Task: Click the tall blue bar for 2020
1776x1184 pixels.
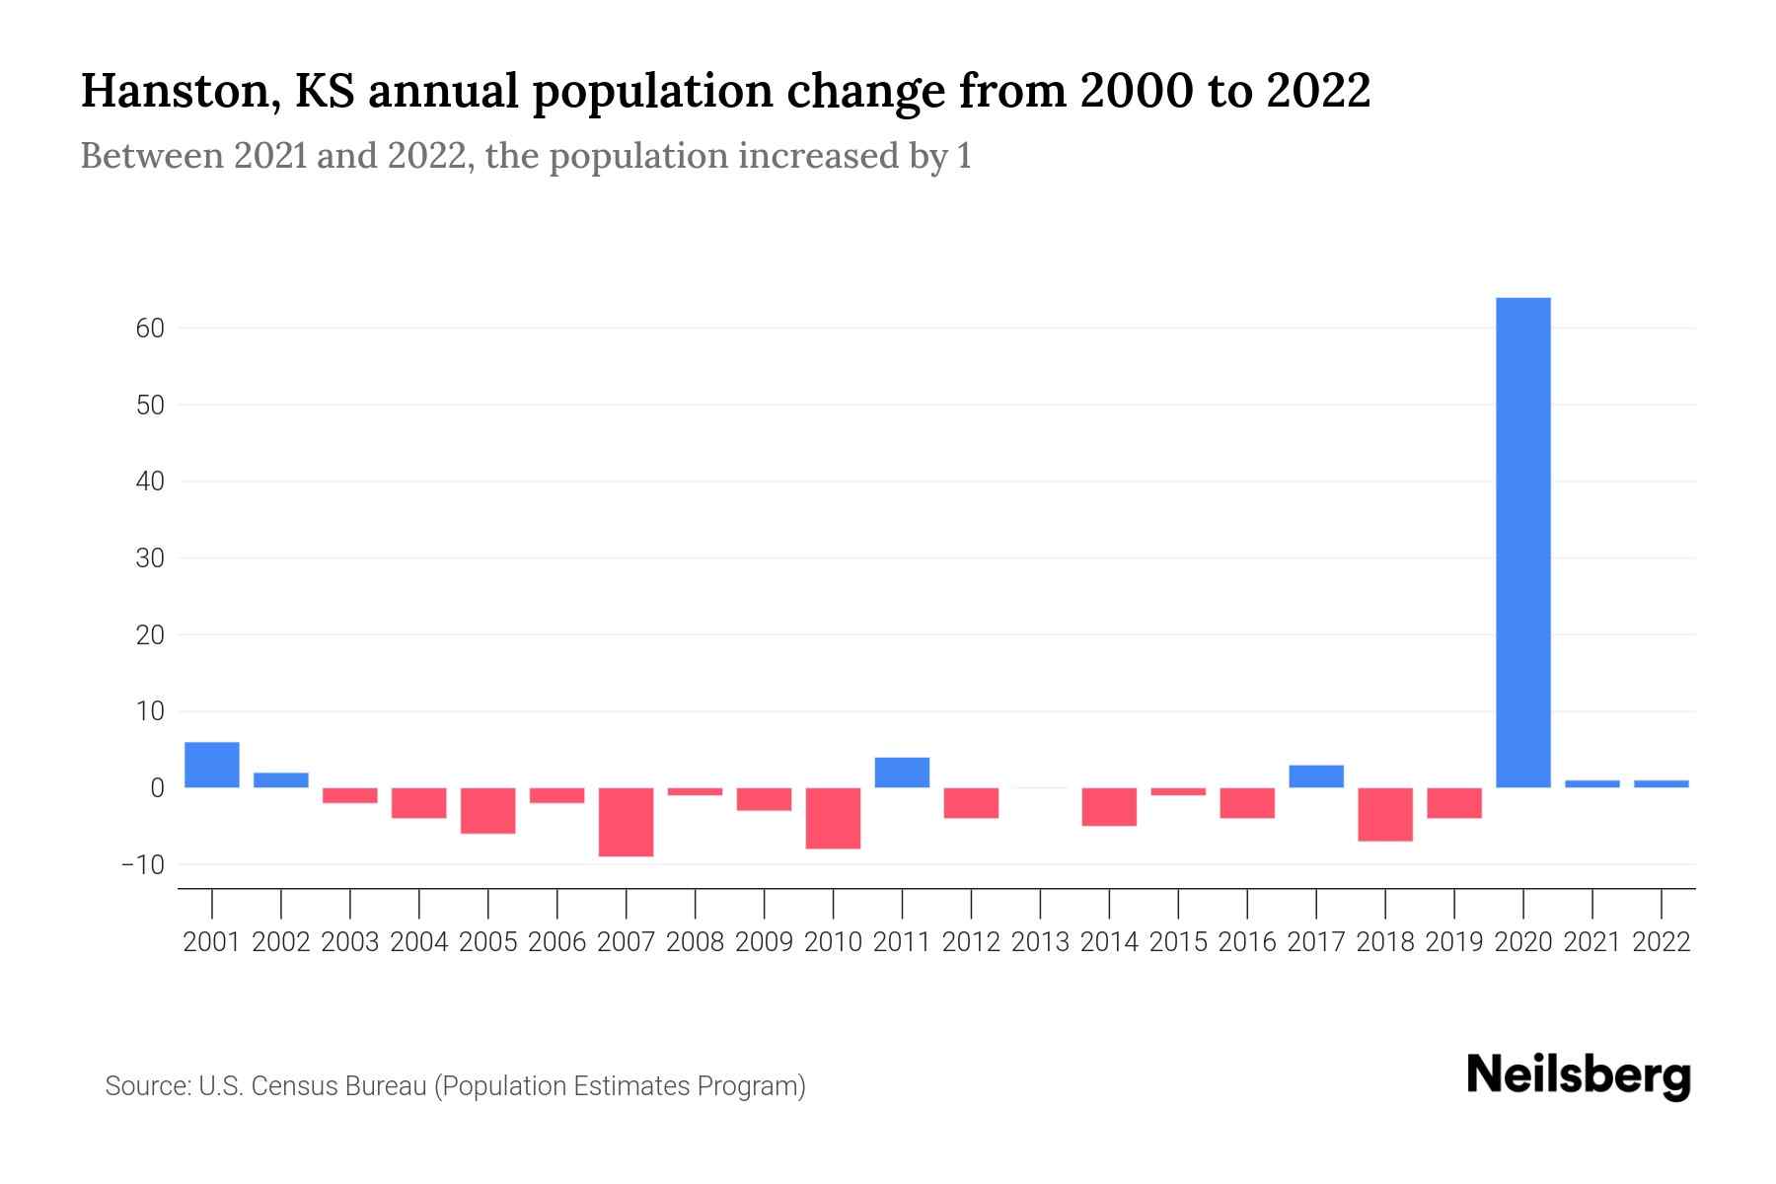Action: tap(1522, 543)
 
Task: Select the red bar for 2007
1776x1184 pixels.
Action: tap(626, 822)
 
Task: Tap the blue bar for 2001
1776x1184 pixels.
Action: tap(212, 765)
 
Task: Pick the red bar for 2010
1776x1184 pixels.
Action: tap(833, 818)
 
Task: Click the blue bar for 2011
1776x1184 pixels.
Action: tap(902, 773)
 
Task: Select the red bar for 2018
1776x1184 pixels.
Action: tap(1384, 814)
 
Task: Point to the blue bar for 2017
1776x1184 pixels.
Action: tap(1315, 777)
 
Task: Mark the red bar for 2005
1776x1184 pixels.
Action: tap(488, 810)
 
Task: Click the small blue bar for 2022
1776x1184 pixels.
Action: tap(1661, 783)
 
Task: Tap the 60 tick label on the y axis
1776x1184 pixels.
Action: tap(150, 329)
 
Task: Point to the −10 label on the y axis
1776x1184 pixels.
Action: tap(142, 865)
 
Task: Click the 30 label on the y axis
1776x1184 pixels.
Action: tap(150, 558)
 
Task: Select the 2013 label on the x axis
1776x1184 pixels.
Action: tap(1040, 942)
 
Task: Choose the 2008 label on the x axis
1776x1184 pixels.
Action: tap(695, 942)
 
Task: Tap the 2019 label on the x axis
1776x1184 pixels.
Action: tap(1453, 942)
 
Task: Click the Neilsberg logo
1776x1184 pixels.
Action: tap(1579, 1075)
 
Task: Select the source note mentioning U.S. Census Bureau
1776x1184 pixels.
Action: tap(455, 1086)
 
